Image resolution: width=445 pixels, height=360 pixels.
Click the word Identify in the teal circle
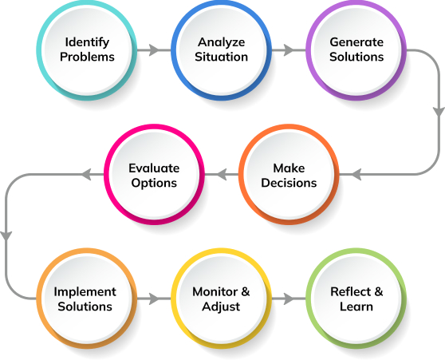87,42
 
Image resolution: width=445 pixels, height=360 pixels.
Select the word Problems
87,57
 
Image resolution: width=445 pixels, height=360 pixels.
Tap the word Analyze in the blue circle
222,42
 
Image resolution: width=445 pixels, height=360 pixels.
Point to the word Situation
222,57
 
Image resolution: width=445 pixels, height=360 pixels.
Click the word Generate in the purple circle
356,42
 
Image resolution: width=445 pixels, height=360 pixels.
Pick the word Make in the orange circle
289,168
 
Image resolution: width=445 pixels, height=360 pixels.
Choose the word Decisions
289,183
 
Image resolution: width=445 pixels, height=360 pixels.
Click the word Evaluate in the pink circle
154,168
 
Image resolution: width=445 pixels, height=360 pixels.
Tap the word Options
154,184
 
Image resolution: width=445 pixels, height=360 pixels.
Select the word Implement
85,292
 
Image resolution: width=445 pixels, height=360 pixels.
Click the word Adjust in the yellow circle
221,307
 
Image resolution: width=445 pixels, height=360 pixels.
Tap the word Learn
356,307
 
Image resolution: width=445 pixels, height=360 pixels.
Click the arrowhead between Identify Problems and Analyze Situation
155,50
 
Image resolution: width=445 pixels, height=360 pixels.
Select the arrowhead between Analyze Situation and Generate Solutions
289,50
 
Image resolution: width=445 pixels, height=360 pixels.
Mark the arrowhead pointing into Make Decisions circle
356,174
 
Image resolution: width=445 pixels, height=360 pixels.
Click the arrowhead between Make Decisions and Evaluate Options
222,174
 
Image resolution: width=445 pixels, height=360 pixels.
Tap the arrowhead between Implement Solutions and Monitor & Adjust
155,299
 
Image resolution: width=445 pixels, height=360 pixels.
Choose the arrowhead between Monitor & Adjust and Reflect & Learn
289,299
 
